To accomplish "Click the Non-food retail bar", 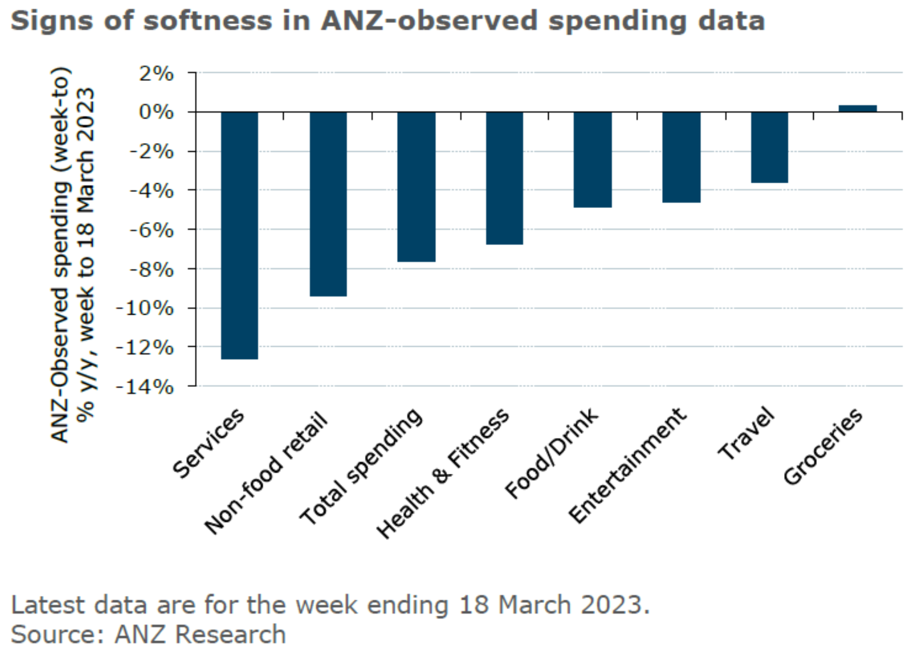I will point(328,204).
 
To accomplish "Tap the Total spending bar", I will point(416,187).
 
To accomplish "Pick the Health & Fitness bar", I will point(504,178).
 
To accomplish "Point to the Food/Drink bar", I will point(593,159).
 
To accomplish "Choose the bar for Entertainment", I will point(681,157).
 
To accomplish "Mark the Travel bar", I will point(769,147).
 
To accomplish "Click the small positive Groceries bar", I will point(857,108).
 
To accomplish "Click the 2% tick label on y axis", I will point(156,73).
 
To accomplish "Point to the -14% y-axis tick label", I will point(145,386).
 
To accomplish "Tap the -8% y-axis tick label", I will point(151,269).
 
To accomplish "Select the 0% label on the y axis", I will point(156,113).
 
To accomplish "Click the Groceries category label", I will point(823,446).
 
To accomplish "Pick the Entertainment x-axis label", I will point(627,465).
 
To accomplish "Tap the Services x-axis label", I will point(208,443).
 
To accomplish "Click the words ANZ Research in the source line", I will point(200,634).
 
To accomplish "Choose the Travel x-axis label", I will point(746,434).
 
